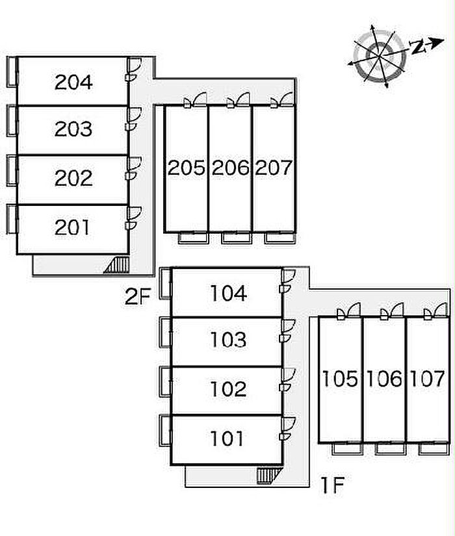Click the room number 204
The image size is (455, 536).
tap(73, 82)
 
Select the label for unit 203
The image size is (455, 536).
tap(73, 129)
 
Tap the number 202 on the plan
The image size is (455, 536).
tap(73, 178)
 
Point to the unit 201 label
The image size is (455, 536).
tap(73, 227)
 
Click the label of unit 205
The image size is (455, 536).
tap(187, 168)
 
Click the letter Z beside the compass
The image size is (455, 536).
tap(418, 46)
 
